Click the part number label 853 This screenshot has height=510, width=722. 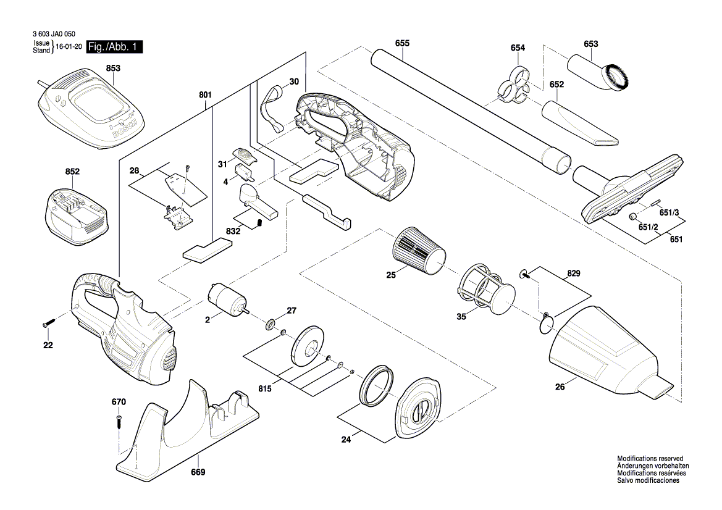112,69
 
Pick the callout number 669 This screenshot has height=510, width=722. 198,472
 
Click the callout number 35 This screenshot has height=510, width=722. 461,318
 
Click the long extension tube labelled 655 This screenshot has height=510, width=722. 469,111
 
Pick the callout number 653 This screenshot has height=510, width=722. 590,44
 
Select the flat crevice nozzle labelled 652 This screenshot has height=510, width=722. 577,123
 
